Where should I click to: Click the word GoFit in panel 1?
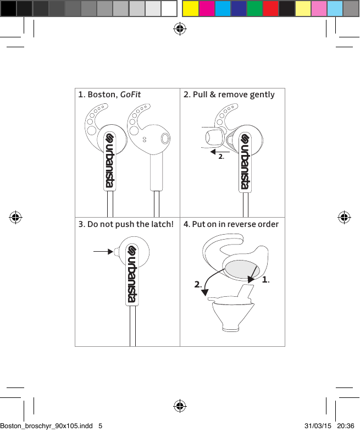pyautogui.click(x=130, y=95)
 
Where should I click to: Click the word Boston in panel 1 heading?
pyautogui.click(x=102, y=95)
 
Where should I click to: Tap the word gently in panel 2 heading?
pyautogui.click(x=262, y=95)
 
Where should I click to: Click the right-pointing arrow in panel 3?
pyautogui.click(x=103, y=252)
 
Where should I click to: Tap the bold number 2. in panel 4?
pyautogui.click(x=198, y=285)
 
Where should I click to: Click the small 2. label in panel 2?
pyautogui.click(x=221, y=157)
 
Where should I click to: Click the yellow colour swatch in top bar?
pyautogui.click(x=190, y=8)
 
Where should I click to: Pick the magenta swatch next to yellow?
pyautogui.click(x=207, y=8)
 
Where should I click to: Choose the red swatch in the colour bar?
pyautogui.click(x=271, y=8)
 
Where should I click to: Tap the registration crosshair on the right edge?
pyautogui.click(x=344, y=217)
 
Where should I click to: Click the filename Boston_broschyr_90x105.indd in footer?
pyautogui.click(x=46, y=425)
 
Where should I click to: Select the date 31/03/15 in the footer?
pyautogui.click(x=317, y=425)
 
